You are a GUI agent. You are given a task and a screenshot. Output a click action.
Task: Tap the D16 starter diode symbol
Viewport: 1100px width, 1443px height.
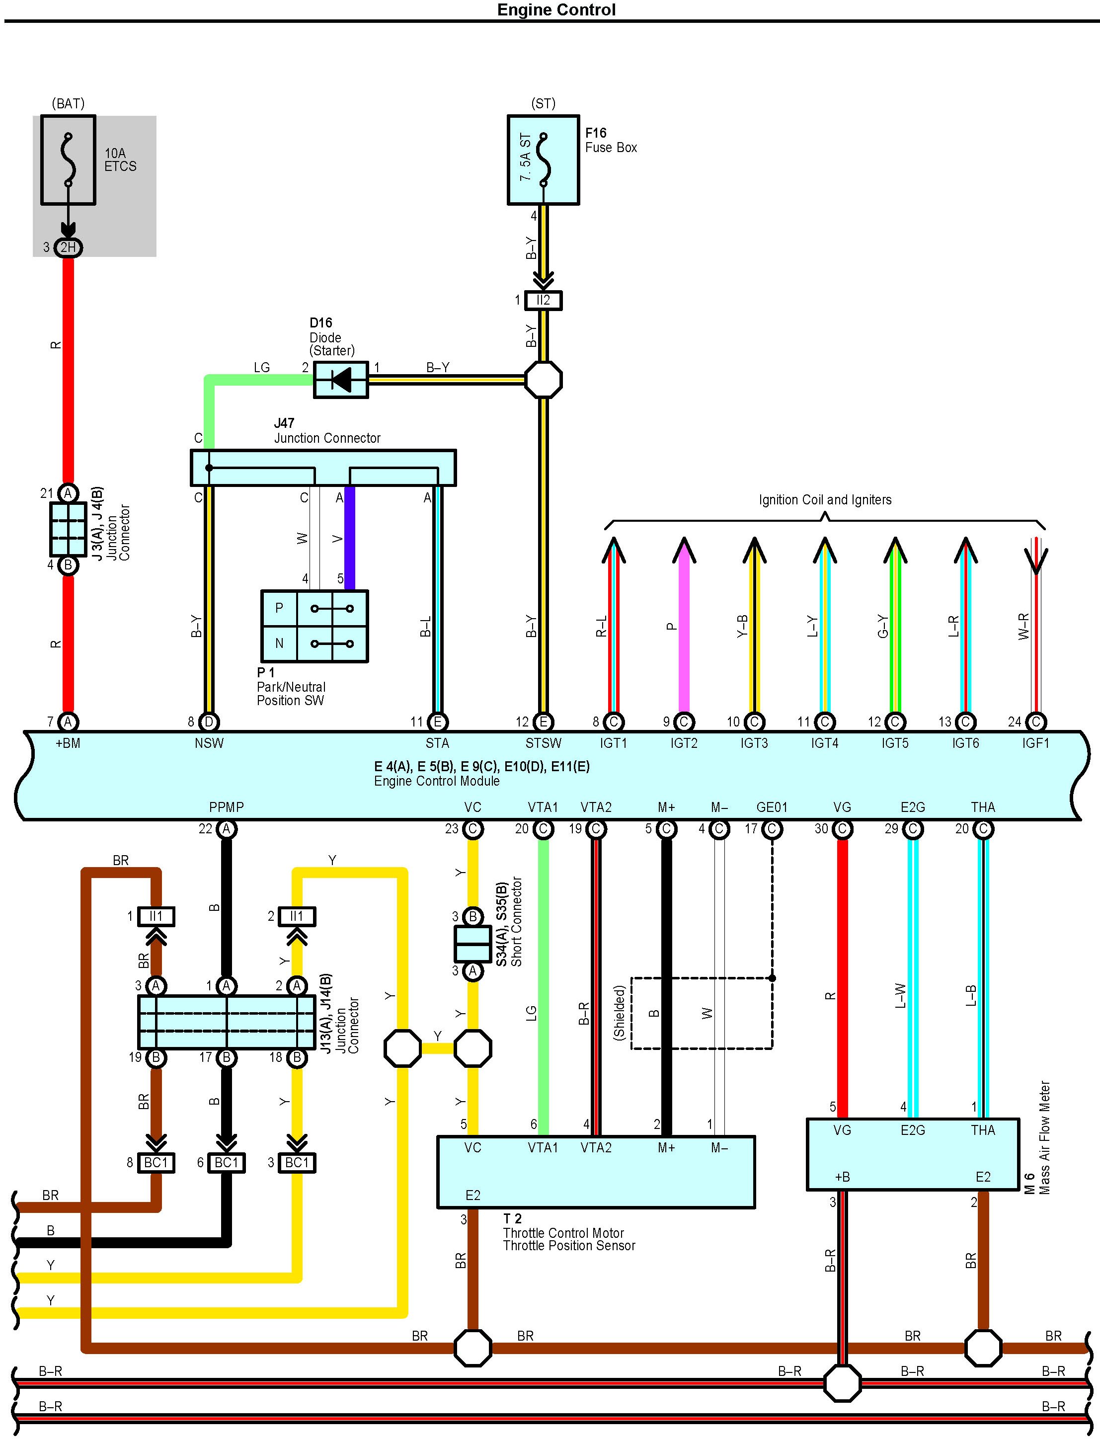pos(340,379)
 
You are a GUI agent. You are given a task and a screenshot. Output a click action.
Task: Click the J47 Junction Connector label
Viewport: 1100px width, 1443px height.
pos(327,431)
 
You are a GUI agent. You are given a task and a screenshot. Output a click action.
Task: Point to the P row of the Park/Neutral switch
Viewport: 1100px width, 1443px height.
pos(314,609)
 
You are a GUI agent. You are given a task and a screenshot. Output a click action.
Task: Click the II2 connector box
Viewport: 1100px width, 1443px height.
pos(543,301)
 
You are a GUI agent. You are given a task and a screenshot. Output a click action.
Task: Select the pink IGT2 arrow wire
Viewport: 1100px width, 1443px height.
pos(684,625)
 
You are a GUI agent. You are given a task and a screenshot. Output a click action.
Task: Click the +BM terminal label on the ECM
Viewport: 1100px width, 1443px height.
pos(68,743)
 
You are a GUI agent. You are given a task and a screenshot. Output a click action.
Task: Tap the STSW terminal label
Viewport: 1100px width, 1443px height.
pos(543,743)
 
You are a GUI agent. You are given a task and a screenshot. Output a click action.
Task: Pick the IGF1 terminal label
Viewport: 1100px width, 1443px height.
pos(1035,743)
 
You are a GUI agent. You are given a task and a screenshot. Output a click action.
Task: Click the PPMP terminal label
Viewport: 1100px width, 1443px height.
pos(226,807)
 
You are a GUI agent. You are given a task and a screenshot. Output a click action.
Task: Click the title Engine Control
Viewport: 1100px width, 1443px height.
pos(556,10)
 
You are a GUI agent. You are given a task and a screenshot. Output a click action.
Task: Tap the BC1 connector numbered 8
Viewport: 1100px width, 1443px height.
pos(156,1163)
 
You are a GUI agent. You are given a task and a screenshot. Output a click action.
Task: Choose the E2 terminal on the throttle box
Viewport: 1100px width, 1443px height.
pos(472,1196)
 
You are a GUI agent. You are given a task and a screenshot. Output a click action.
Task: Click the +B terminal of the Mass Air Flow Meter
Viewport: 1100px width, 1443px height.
pos(842,1177)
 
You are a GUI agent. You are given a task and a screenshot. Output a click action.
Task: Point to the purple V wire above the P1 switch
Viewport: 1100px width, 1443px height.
pos(350,538)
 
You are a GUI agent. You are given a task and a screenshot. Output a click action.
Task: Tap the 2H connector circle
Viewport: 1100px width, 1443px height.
pos(68,247)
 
